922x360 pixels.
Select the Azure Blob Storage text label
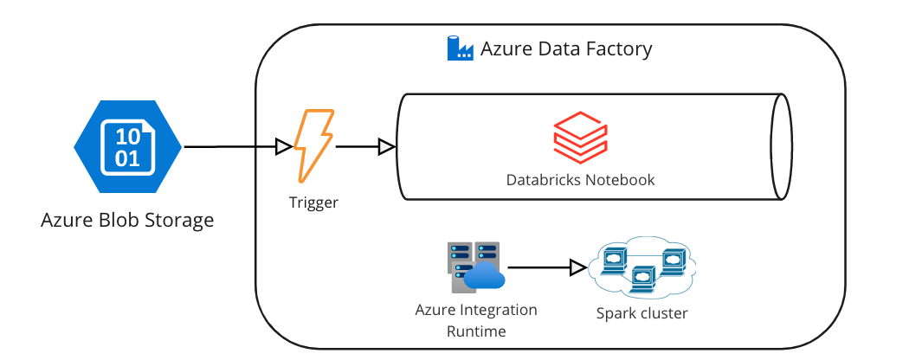pos(127,220)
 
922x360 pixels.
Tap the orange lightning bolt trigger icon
pos(313,145)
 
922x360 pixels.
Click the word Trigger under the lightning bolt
pos(313,203)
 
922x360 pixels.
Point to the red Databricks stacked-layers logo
pos(581,138)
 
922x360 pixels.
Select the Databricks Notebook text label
pos(580,180)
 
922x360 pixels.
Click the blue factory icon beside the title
pos(460,48)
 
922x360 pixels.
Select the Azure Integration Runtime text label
pos(476,320)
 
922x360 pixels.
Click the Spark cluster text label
pos(642,313)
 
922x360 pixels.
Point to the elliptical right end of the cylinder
pos(781,147)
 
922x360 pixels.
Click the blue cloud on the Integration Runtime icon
pos(484,277)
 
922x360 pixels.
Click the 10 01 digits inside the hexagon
pos(127,147)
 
